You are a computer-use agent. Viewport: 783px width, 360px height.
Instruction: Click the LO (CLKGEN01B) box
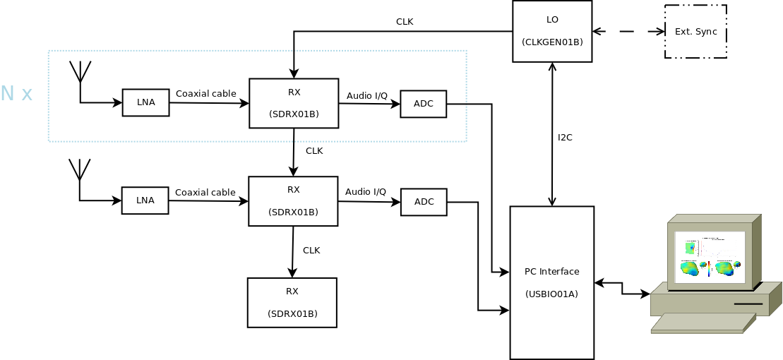coord(552,31)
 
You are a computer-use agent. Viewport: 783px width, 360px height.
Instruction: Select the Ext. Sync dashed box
coord(695,32)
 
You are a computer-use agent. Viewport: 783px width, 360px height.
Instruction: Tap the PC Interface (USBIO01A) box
coord(551,282)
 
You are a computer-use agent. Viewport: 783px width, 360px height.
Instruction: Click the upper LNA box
coord(145,102)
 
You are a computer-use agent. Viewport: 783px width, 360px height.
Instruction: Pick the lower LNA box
coord(145,200)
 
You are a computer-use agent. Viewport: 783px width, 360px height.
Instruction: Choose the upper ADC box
coord(424,104)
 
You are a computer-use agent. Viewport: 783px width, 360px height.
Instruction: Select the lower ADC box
coord(424,202)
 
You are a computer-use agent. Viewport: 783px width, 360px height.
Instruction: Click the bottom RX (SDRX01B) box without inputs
coord(292,302)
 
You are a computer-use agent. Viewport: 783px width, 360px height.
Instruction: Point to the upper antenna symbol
coord(80,73)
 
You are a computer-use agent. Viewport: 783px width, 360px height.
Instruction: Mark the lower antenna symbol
coord(80,170)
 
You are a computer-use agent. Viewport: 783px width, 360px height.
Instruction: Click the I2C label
coord(565,138)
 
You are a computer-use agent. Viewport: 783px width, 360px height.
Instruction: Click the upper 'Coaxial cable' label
coord(205,93)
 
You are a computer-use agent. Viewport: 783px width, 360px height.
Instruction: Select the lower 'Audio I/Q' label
coord(366,191)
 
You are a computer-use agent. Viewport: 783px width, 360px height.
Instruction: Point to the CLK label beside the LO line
coord(405,22)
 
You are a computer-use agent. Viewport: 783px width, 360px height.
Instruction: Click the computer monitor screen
coord(710,257)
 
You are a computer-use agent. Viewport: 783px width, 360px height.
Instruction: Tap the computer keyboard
coord(703,323)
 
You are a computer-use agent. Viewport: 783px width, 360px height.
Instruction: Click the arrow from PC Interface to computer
coord(622,288)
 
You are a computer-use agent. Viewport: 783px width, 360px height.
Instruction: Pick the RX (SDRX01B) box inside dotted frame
coord(294,103)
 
